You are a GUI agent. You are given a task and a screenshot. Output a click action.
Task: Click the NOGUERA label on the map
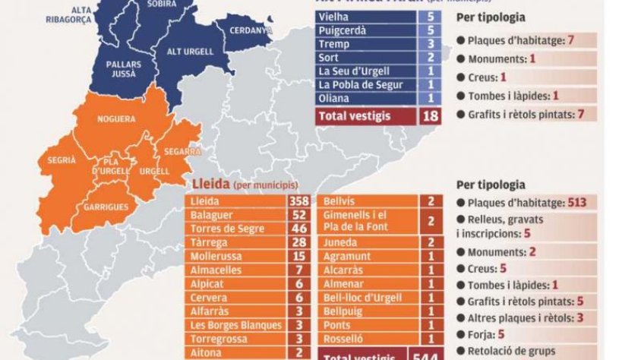[116, 119]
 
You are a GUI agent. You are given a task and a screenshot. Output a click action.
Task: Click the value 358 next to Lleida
[298, 201]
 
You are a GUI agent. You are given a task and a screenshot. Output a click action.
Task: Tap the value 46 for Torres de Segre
[298, 229]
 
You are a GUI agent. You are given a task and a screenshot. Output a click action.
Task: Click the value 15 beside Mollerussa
[298, 256]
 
